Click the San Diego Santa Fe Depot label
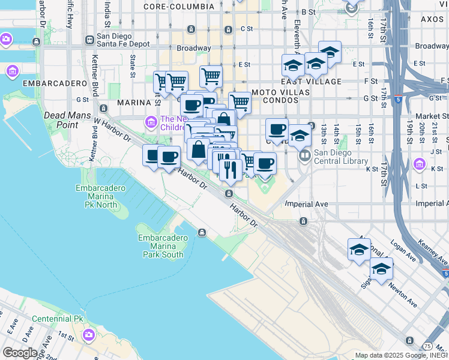tap(123, 40)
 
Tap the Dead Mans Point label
tap(61, 119)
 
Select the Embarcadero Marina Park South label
tap(160, 246)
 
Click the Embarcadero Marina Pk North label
tap(97, 196)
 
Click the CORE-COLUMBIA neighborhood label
tap(179, 7)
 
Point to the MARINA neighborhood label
tap(133, 103)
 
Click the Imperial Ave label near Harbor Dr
tap(306, 204)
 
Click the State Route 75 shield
tap(427, 346)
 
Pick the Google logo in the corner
tap(20, 353)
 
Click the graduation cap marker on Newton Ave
tap(381, 270)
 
